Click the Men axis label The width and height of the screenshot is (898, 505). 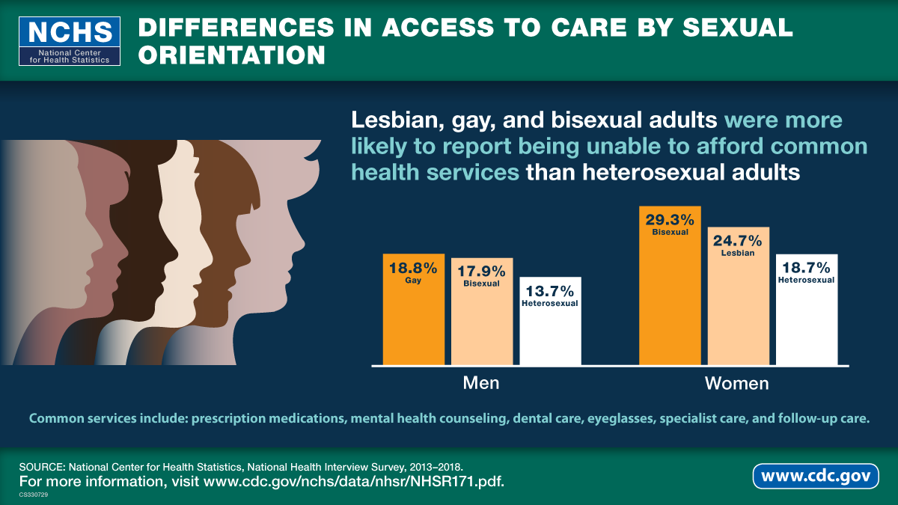tap(481, 384)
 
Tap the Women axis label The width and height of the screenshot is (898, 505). tap(737, 384)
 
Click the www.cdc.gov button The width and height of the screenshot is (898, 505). tap(816, 476)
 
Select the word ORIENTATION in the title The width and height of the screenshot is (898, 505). tap(232, 56)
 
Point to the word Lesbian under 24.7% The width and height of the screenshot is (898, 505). tap(738, 253)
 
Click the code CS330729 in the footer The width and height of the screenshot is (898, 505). tap(34, 495)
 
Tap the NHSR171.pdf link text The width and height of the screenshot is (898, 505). tap(457, 480)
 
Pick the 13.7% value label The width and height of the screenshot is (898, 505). tap(550, 290)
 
